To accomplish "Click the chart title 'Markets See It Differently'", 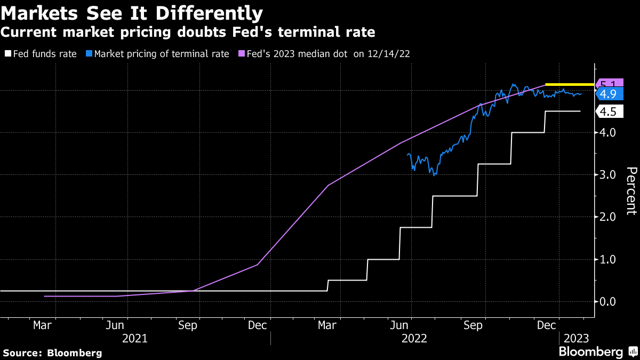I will coord(132,12).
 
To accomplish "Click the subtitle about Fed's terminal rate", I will coord(187,32).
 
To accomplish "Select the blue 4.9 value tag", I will coord(608,94).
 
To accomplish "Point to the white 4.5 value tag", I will coord(608,111).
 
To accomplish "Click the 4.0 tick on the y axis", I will coord(608,132).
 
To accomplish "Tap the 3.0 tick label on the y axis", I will coord(608,174).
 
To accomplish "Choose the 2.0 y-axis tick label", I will coord(608,217).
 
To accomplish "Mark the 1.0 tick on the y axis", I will coord(608,259).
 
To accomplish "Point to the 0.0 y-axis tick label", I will coord(608,301).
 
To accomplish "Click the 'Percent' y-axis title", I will coord(631,190).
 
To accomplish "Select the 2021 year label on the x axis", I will coord(134,338).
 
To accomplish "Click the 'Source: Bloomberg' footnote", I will coord(52,353).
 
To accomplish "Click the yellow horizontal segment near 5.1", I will coord(569,84).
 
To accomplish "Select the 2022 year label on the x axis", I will coord(414,338).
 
